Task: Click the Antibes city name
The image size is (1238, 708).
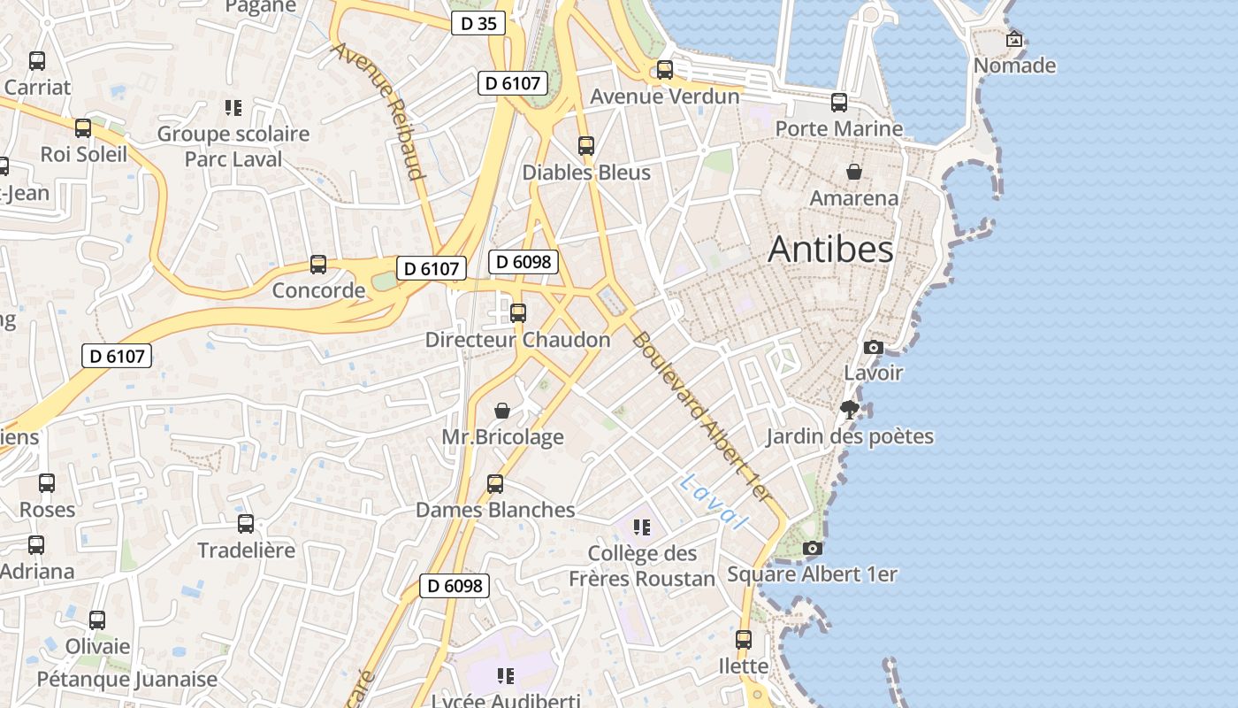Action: [830, 250]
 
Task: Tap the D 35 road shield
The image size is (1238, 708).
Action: [479, 23]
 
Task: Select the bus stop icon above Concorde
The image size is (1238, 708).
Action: [318, 265]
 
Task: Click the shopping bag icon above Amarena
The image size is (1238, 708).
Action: [854, 172]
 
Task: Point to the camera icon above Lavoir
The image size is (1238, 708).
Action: [874, 347]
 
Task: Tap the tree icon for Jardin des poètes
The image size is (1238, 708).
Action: [850, 410]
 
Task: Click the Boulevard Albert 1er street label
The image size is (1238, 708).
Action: [708, 421]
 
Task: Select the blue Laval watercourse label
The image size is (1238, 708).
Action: [715, 502]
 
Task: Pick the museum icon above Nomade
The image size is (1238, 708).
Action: [1014, 39]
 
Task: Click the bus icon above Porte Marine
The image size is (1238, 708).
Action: [839, 103]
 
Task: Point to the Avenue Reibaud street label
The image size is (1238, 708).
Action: [378, 110]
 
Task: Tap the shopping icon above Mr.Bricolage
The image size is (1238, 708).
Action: [502, 411]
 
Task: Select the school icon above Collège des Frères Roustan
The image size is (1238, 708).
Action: [642, 527]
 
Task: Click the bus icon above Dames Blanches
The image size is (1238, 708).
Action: [495, 484]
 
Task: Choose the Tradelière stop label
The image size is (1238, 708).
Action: [246, 550]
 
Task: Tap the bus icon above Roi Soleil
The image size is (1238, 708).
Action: [83, 128]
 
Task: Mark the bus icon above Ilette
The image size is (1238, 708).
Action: [744, 639]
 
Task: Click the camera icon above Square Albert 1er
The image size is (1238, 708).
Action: [812, 549]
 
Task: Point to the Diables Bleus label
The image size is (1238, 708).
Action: [586, 173]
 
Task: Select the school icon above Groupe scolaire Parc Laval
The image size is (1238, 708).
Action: [233, 108]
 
